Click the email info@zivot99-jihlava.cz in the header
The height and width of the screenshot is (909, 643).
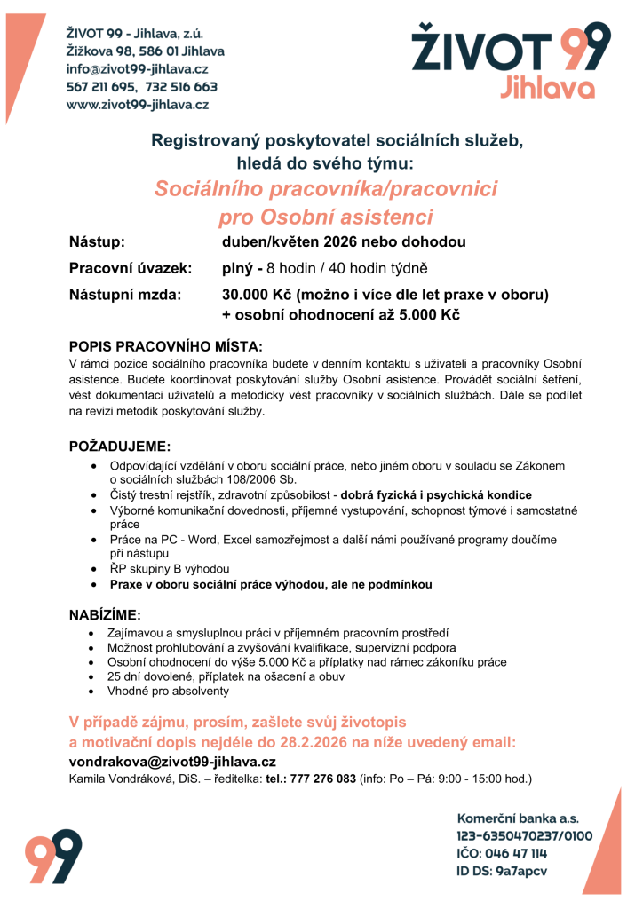(138, 69)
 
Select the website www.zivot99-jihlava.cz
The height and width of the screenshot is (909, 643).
(138, 105)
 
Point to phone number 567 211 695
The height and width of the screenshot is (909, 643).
(99, 87)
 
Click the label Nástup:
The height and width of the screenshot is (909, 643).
(97, 242)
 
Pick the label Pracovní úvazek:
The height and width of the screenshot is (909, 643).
(131, 268)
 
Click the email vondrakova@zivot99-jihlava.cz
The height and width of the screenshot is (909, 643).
(172, 762)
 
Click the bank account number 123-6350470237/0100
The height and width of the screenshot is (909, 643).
(524, 835)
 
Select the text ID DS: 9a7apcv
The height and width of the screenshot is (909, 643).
(502, 871)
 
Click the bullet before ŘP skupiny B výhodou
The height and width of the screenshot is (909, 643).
(95, 568)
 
